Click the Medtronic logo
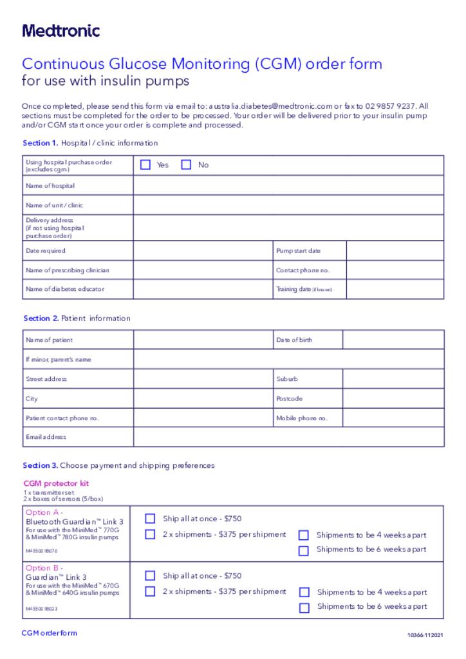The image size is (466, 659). tap(61, 30)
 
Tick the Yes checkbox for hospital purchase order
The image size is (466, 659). tap(145, 165)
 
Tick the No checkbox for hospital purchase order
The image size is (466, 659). tap(186, 165)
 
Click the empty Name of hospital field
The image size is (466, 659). tap(288, 185)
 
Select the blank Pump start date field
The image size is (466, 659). tap(395, 250)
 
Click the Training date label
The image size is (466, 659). tap(304, 290)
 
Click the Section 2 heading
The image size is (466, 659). tap(77, 318)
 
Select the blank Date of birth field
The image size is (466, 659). tap(393, 340)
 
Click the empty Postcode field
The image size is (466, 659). tap(393, 398)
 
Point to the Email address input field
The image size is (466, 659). tap(288, 437)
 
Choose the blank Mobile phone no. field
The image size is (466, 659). tap(393, 418)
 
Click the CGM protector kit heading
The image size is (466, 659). tap(56, 483)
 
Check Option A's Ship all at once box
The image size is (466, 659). tap(150, 518)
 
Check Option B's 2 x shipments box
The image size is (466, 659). tap(150, 591)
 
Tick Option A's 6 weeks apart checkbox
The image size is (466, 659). tap(304, 550)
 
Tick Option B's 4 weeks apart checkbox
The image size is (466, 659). tap(304, 592)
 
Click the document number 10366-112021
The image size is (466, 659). tap(425, 635)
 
